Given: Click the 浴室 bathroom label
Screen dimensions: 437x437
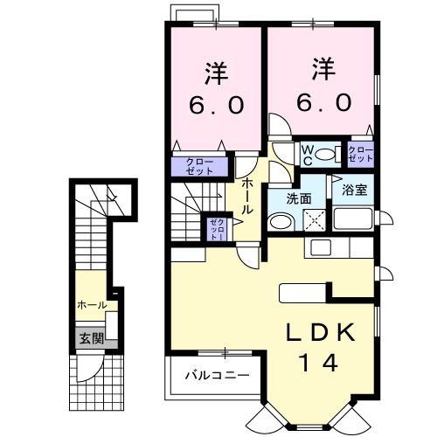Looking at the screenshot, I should click(353, 188).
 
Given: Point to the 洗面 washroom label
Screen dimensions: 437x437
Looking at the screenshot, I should click(300, 198).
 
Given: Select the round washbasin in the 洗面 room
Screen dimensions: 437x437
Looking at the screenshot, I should click(277, 223).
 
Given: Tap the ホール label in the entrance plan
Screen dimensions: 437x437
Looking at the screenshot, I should click(92, 305).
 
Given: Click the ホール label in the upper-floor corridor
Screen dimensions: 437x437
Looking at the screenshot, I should click(247, 198).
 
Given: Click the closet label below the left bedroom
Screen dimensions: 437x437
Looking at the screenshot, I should click(198, 165).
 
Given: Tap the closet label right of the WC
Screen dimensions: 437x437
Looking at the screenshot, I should click(361, 155).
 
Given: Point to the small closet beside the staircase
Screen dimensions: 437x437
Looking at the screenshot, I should click(216, 230).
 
